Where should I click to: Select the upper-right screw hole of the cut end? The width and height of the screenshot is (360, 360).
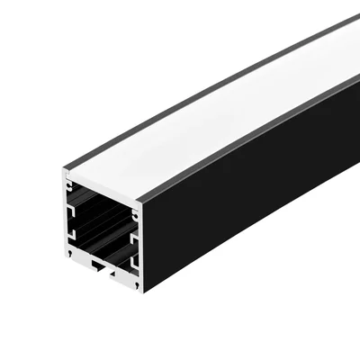point(134,215)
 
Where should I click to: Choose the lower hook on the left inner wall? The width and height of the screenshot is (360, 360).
point(75,236)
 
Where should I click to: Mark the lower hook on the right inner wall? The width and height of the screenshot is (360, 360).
point(133,262)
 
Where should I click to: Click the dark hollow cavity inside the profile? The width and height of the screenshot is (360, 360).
point(103,229)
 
